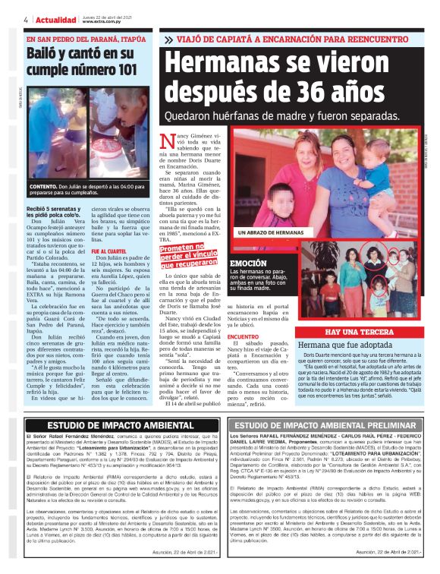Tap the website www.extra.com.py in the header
point(102,23)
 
